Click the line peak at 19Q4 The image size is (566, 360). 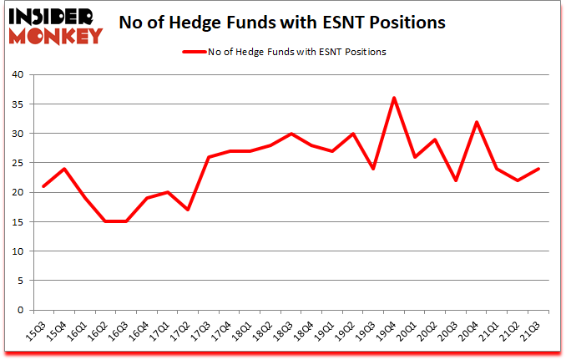394,98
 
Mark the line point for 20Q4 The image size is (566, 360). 478,122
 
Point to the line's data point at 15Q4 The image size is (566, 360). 64,169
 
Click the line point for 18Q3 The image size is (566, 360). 291,134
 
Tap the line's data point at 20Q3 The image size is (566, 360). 457,180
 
